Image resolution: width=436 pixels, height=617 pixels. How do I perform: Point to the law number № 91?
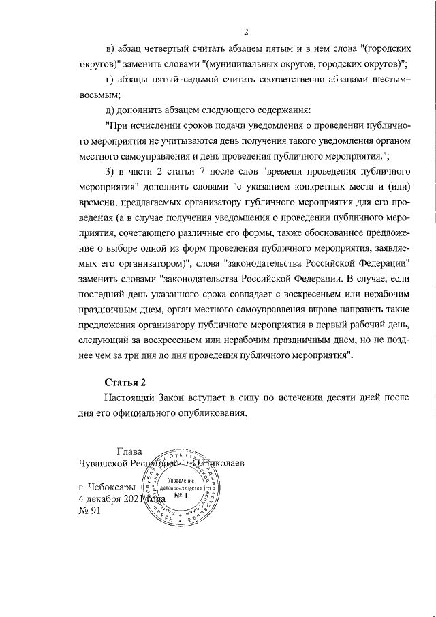[x=89, y=512]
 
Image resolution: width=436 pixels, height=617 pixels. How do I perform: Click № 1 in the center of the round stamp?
[x=181, y=496]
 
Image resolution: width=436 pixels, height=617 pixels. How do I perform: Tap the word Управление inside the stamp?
[x=181, y=481]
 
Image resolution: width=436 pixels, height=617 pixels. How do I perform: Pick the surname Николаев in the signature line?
[x=219, y=464]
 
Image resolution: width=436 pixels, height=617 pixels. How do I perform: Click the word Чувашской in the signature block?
[x=108, y=464]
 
